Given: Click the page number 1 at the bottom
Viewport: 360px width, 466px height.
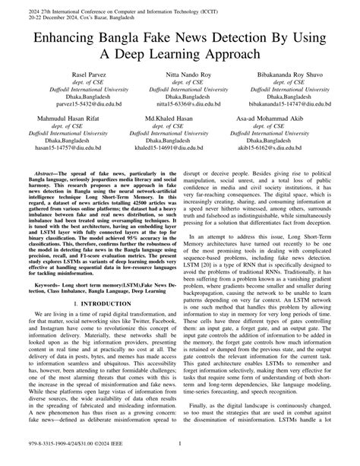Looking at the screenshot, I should [180, 449].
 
